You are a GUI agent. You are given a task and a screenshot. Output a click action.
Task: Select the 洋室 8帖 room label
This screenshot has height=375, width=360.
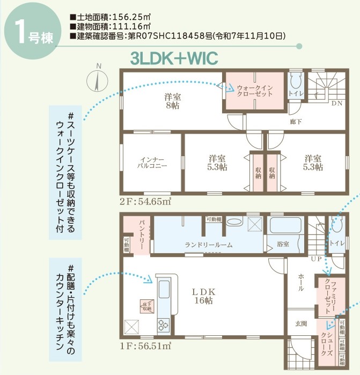171,102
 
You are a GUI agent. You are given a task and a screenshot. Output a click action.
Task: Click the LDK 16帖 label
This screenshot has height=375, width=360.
203,296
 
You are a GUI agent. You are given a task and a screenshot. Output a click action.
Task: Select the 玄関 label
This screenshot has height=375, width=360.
300,323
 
